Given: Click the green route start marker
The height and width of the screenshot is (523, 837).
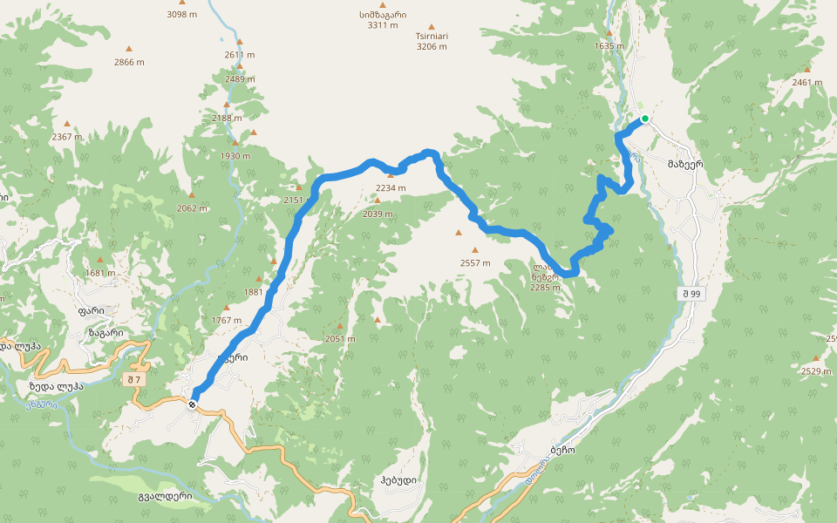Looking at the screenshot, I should click(645, 119).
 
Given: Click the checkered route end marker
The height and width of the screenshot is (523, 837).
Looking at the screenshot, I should click(192, 404).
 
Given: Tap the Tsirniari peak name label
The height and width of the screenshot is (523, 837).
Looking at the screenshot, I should click(432, 37).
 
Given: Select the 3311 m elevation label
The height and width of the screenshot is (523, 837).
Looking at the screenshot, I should click(382, 25).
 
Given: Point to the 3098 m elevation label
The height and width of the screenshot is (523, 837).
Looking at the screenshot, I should click(182, 15).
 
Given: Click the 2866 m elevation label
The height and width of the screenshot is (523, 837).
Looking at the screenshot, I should click(129, 62).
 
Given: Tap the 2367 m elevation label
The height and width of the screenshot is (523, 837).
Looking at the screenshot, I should click(66, 137).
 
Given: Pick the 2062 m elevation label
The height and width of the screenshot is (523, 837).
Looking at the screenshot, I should click(192, 208).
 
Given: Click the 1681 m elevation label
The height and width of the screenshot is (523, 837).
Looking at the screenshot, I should click(100, 273).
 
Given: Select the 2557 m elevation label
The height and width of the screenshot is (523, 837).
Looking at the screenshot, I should click(475, 263).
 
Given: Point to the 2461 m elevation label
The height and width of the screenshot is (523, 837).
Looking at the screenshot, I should click(807, 83).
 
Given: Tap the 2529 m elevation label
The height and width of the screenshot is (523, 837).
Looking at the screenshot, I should click(816, 371).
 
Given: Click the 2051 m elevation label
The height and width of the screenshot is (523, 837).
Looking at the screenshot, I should click(340, 339).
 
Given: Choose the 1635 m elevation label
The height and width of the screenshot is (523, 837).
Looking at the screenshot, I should click(610, 46).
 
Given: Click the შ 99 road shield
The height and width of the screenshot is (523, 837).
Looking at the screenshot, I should click(693, 295).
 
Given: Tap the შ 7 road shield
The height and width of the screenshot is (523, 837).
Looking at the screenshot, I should click(134, 379).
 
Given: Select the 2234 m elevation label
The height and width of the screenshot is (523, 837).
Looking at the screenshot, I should click(391, 188).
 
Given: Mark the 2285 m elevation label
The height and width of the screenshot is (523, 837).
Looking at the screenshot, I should click(545, 287).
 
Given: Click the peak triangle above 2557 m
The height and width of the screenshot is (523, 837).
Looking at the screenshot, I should click(459, 233).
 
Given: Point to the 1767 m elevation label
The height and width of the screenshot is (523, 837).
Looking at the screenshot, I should click(227, 321).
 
